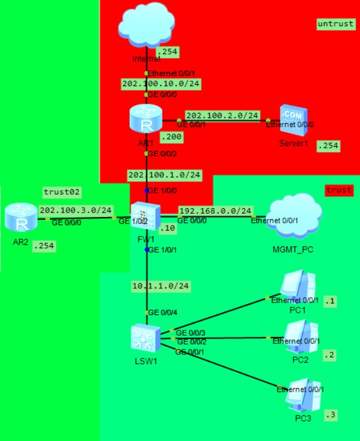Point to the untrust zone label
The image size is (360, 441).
point(335,23)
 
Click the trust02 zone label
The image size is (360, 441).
point(62,192)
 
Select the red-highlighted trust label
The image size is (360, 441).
point(339,190)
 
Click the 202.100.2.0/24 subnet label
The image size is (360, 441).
point(222,115)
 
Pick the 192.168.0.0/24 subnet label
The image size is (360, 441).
point(215,210)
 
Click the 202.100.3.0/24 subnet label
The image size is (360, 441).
point(76,210)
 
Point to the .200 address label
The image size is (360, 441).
point(170,136)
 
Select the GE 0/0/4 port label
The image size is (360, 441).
point(162,313)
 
